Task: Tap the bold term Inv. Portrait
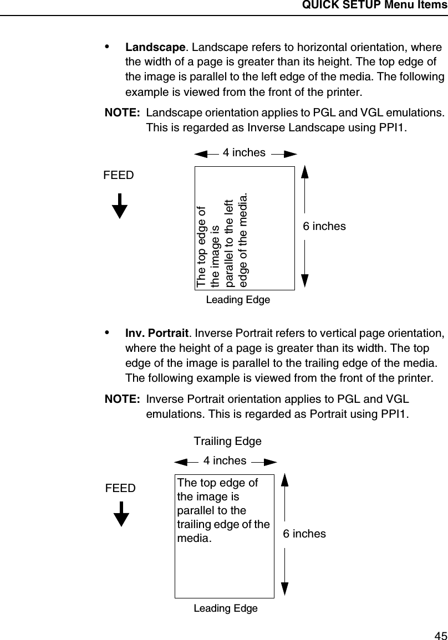point(157,334)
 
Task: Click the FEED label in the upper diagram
point(119,176)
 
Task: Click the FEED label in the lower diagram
point(121,488)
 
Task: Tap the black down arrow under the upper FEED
point(120,206)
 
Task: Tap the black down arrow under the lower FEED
point(121,515)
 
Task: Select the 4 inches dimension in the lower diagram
point(225,460)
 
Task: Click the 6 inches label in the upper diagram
point(324,226)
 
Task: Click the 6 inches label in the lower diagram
point(304,534)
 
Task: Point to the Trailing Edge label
point(227,442)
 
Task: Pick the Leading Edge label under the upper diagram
point(238,300)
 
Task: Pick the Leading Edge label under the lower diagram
point(226,608)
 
